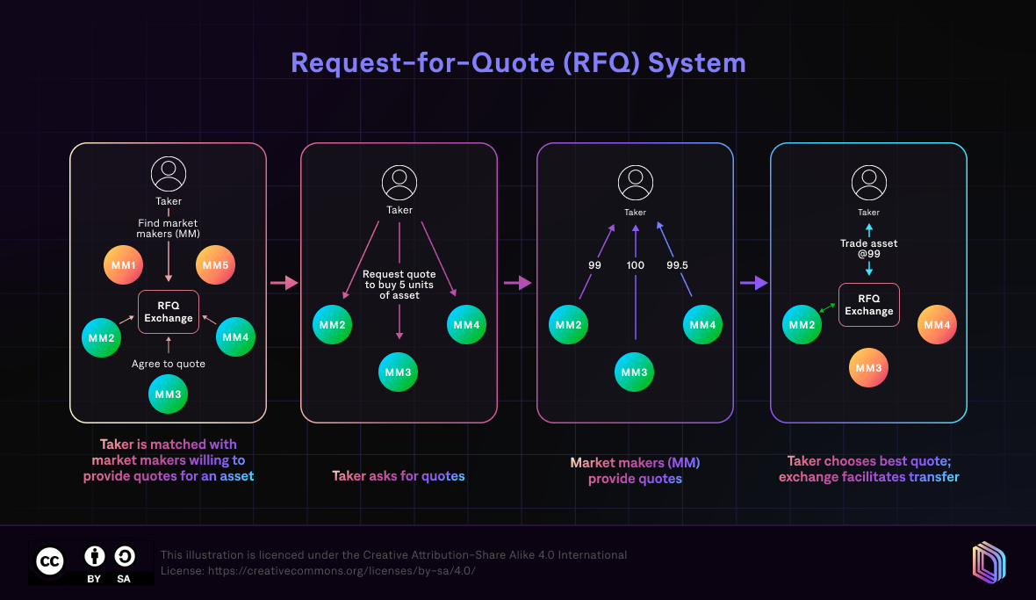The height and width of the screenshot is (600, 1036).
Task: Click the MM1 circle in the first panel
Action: tap(122, 264)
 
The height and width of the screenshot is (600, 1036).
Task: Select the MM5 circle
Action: tap(214, 264)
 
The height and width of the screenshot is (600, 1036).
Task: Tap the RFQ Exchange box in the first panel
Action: tap(169, 312)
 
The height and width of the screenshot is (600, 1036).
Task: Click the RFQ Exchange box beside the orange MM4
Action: tap(869, 305)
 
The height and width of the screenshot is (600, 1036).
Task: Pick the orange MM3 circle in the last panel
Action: tap(868, 368)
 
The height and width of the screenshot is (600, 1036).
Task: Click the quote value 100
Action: tap(635, 264)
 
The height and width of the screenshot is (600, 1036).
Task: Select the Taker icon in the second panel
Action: tap(399, 183)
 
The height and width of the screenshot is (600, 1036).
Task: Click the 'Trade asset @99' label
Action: tap(869, 249)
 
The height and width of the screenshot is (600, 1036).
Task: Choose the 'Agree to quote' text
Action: tap(169, 364)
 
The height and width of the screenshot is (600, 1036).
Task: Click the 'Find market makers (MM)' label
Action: tap(169, 228)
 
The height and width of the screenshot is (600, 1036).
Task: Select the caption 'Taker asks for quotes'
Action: tap(399, 476)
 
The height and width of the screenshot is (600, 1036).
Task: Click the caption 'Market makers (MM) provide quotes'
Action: tap(635, 470)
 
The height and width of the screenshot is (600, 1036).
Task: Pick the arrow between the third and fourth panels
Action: tap(753, 283)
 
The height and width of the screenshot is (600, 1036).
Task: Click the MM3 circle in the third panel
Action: tap(635, 372)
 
